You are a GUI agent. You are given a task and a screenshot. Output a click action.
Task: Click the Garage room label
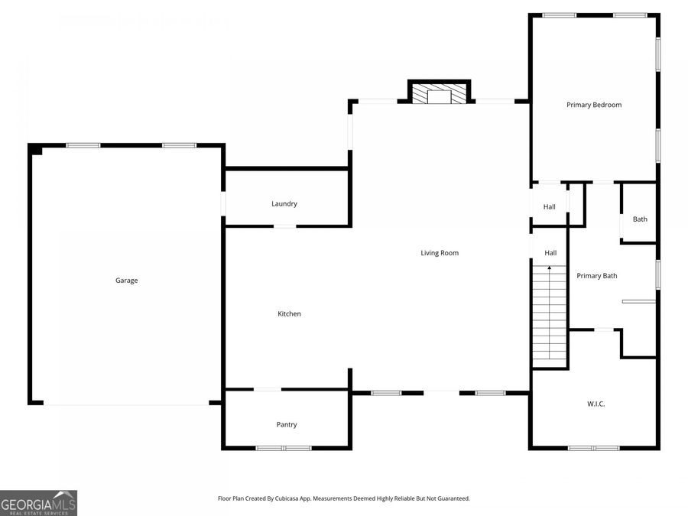coord(127,281)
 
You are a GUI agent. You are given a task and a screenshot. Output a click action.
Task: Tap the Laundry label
coord(284,204)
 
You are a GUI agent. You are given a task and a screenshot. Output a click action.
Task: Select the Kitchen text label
coord(289,313)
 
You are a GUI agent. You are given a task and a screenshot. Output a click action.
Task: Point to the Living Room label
coord(440,253)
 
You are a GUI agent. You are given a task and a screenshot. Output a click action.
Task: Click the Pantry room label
coord(287,425)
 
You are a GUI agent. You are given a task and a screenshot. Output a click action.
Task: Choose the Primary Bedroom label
coord(594,105)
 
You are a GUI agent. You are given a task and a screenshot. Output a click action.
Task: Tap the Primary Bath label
coord(597,276)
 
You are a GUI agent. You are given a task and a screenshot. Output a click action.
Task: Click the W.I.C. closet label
coord(596,404)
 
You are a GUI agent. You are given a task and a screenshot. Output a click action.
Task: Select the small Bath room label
coord(640,219)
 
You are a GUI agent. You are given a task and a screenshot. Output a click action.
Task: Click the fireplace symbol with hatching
coord(439,93)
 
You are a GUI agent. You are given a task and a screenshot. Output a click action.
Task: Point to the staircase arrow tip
coord(550,268)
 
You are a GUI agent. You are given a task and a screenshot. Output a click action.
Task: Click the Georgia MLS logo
coord(38,503)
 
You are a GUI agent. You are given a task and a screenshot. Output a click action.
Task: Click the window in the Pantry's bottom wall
coord(284,448)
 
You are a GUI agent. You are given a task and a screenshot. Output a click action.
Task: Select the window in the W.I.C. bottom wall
coord(594,448)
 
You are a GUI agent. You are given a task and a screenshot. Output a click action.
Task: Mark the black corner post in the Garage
coord(36,150)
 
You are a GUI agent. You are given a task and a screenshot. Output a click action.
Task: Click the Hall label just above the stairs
coord(550,253)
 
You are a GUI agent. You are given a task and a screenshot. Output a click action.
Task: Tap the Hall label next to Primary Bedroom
coord(550,207)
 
